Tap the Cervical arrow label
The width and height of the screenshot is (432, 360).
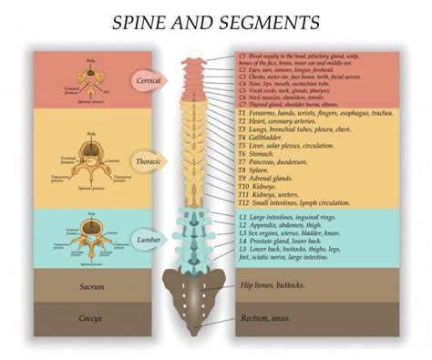(x=149, y=78)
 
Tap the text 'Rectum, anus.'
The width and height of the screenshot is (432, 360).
(x=266, y=319)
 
